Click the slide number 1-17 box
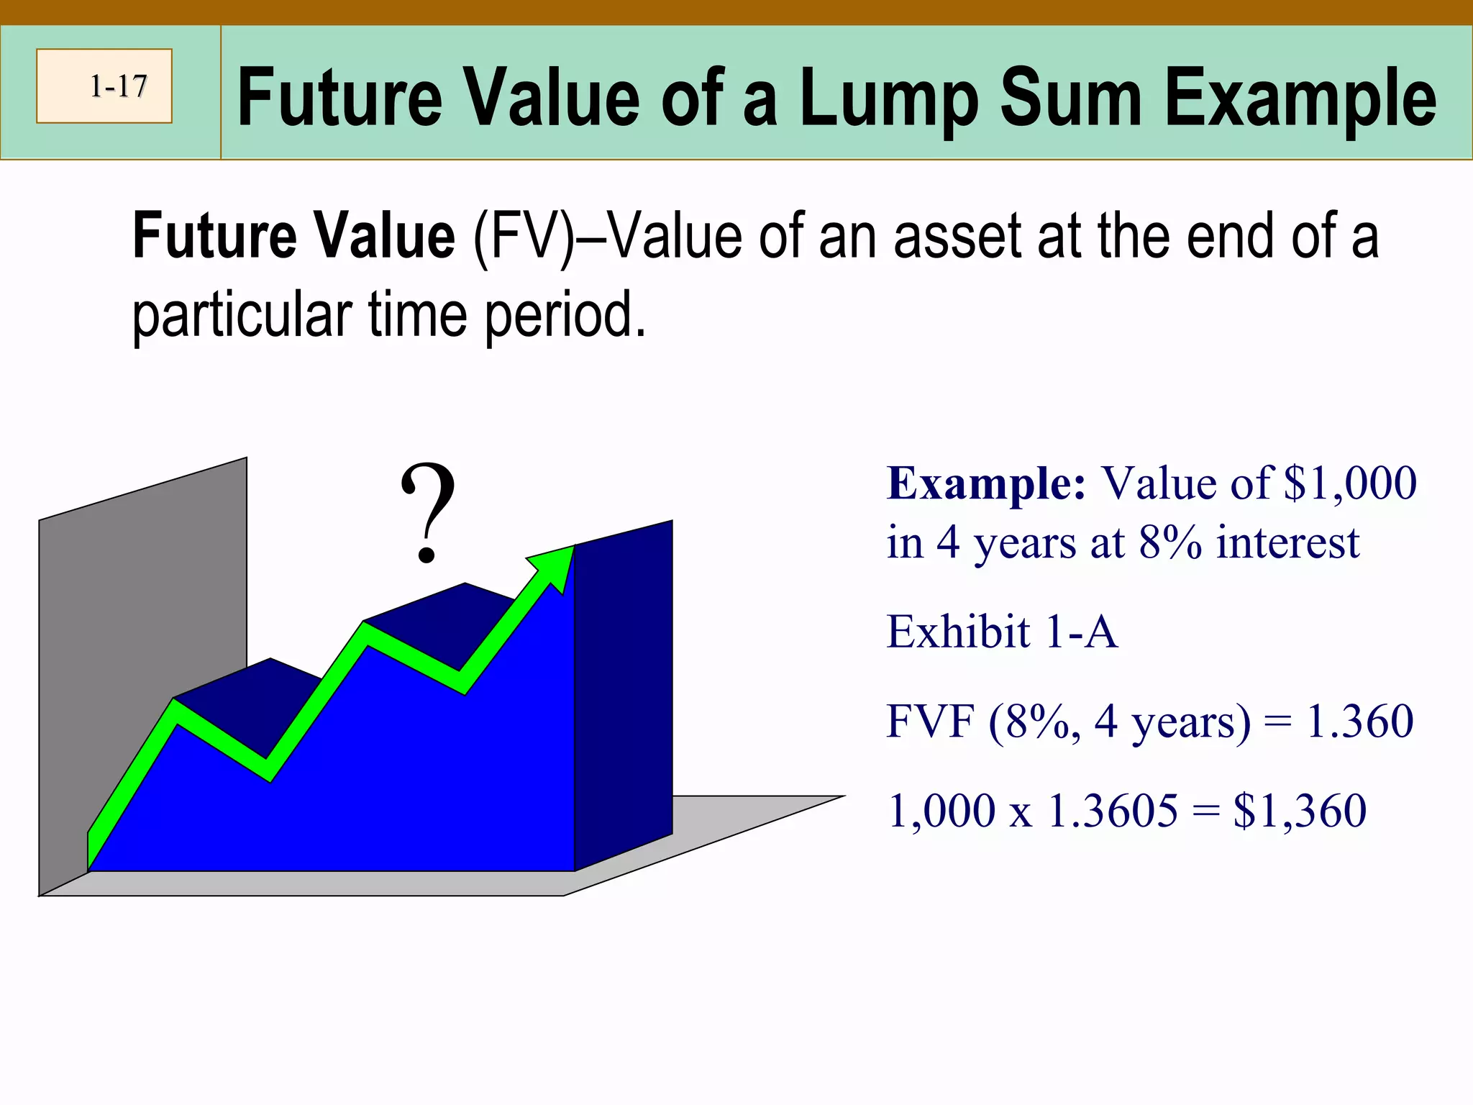click(104, 86)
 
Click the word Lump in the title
click(889, 99)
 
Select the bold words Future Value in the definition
click(293, 236)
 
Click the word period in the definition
click(565, 315)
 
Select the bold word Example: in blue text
click(986, 483)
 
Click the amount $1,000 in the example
click(1350, 483)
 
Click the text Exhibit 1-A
click(1002, 632)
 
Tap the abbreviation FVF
click(931, 722)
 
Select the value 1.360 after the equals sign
click(1359, 722)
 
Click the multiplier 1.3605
click(1113, 811)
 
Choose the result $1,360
click(1300, 811)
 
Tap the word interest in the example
click(1287, 542)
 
